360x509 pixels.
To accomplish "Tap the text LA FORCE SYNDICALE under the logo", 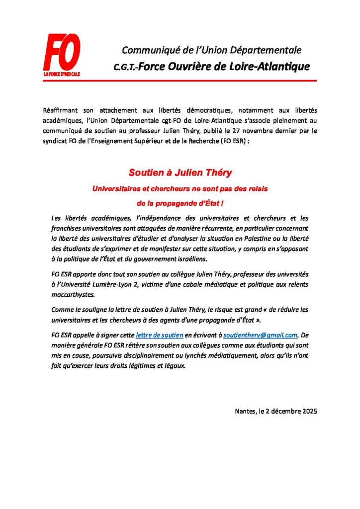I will (62, 74).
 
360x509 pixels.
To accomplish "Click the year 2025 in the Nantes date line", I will (307, 411).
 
